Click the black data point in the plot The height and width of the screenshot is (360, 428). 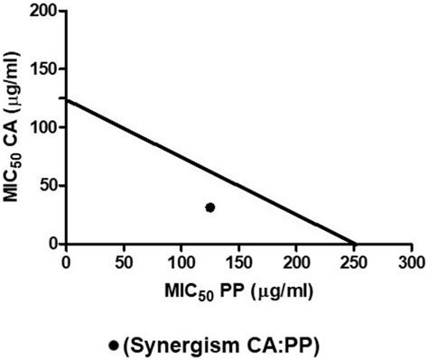(210, 208)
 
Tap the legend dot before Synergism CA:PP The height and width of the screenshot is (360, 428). (113, 345)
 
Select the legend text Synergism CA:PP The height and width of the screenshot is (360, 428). (222, 345)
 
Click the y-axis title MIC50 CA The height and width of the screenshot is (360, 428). (15, 126)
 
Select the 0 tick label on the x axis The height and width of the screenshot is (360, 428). (66, 262)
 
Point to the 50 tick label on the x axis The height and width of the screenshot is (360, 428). (124, 262)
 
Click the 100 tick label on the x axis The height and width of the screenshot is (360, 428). (181, 262)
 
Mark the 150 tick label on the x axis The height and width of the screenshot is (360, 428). (239, 262)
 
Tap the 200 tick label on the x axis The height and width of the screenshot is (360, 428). (297, 262)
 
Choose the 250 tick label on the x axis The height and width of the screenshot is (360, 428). (355, 262)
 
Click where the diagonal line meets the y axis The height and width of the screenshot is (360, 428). (66, 99)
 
